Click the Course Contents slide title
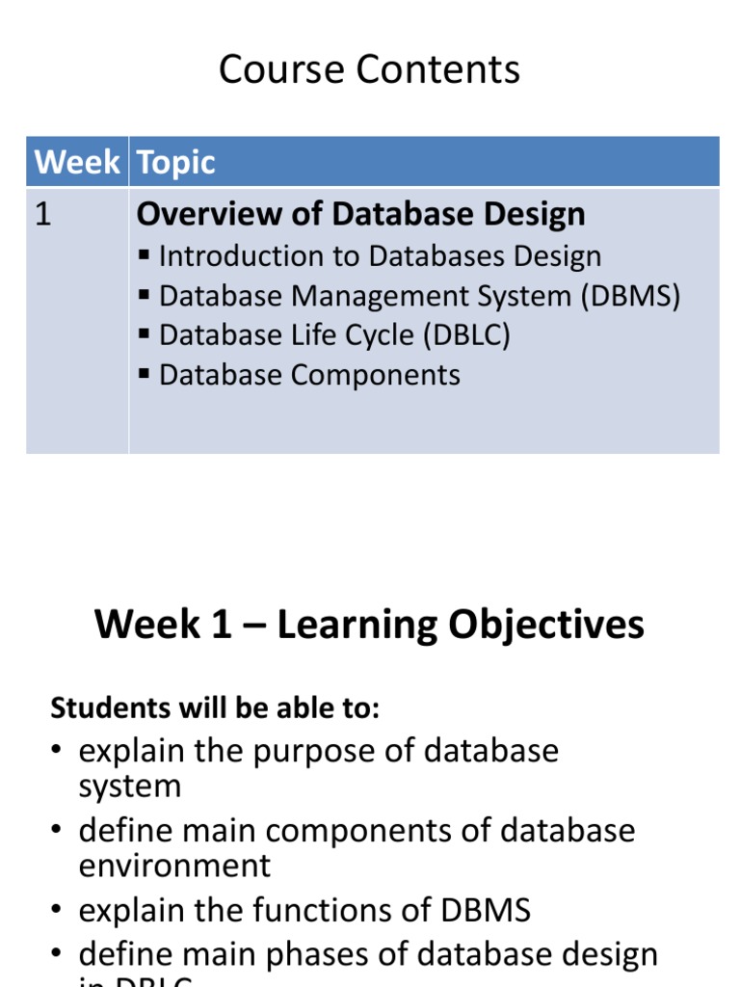pyautogui.click(x=369, y=70)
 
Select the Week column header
pyautogui.click(x=77, y=162)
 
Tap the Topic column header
pyautogui.click(x=176, y=162)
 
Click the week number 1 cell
pyautogui.click(x=42, y=215)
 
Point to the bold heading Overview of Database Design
pyautogui.click(x=360, y=214)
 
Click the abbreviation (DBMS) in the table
pyautogui.click(x=630, y=296)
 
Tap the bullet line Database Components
pyautogui.click(x=309, y=375)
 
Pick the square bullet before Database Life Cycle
pyautogui.click(x=145, y=334)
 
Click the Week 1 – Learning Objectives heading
pyautogui.click(x=369, y=625)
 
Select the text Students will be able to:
pyautogui.click(x=215, y=708)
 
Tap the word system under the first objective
pyautogui.click(x=129, y=787)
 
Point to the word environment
pyautogui.click(x=174, y=866)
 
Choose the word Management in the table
pyautogui.click(x=370, y=296)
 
